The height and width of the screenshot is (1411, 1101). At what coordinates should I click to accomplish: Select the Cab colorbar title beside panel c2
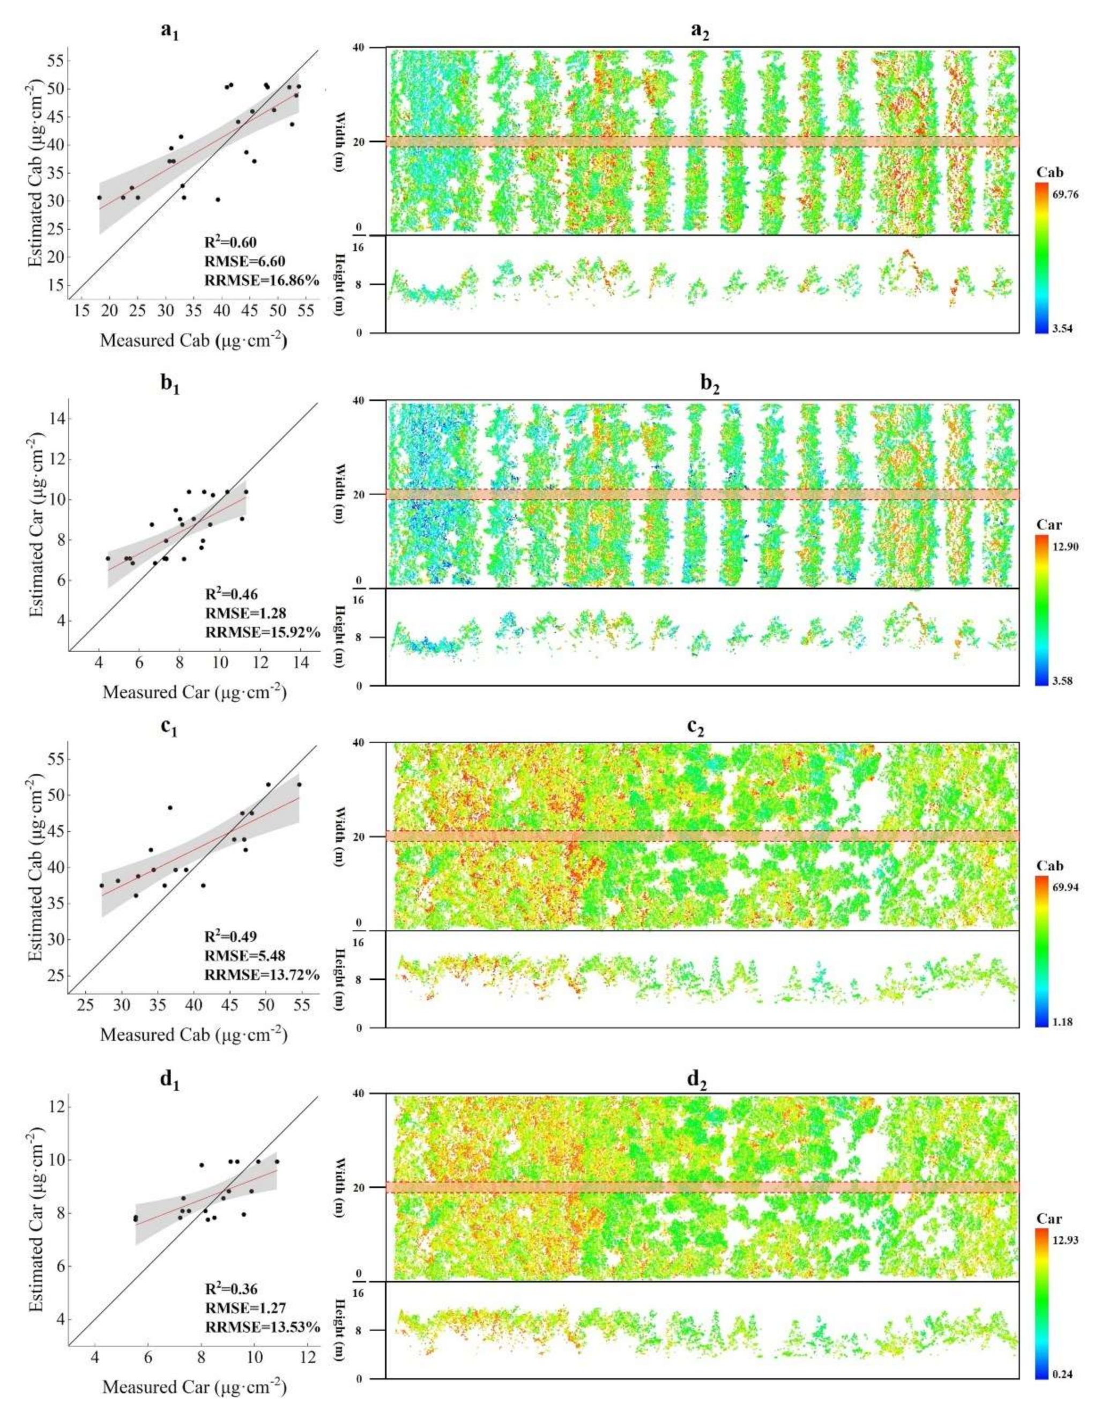pyautogui.click(x=1050, y=866)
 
